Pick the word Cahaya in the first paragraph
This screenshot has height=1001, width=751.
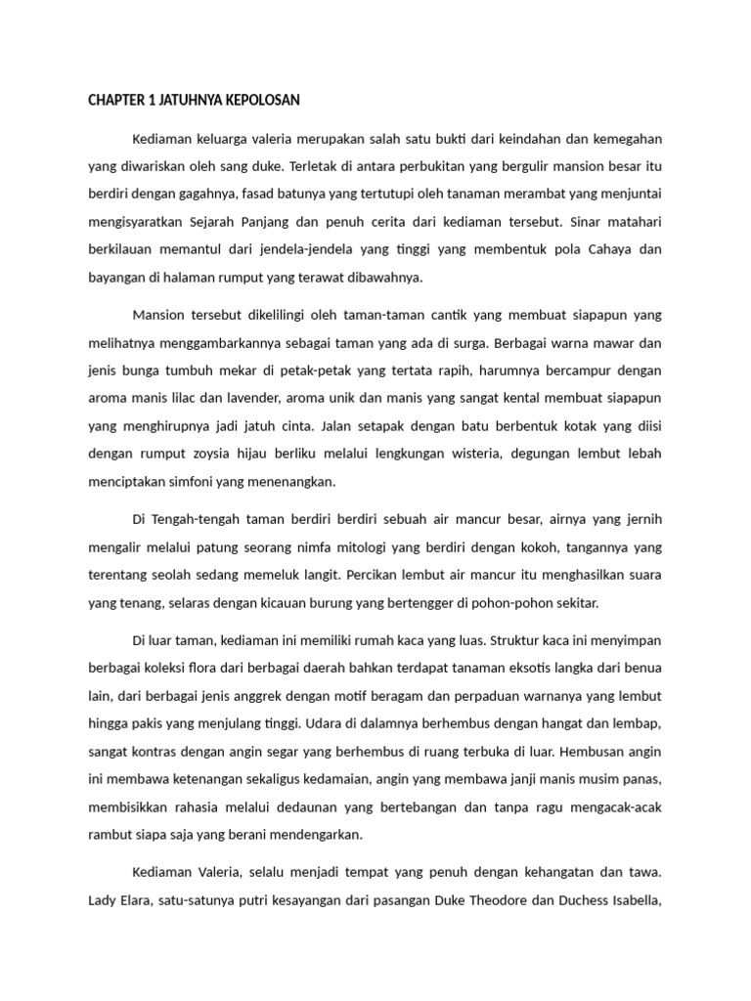(x=612, y=249)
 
